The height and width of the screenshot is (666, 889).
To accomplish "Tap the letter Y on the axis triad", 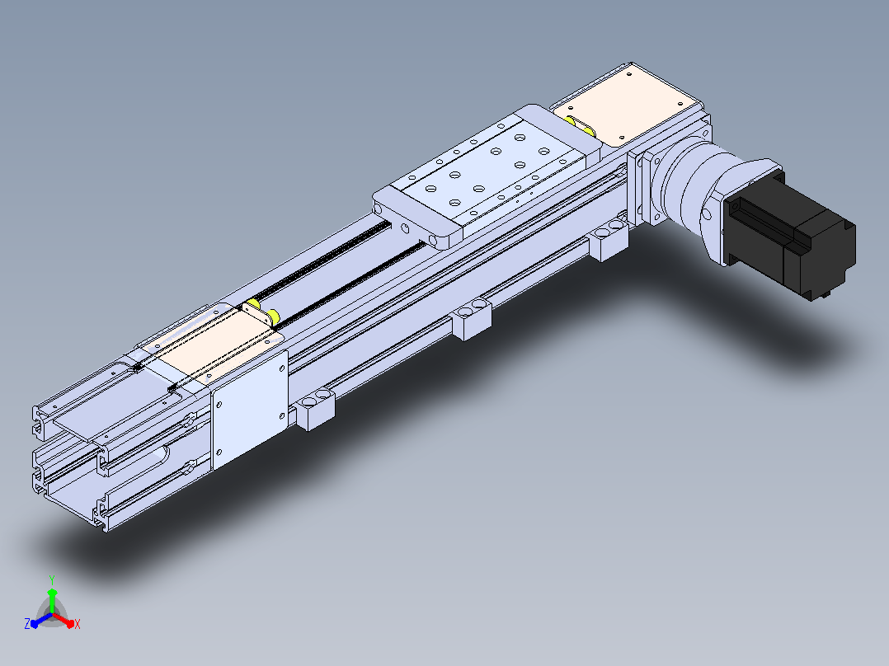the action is tap(52, 579).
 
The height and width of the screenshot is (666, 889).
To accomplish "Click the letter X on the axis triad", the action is tap(78, 624).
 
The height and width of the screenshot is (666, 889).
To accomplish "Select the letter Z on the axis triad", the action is tap(27, 623).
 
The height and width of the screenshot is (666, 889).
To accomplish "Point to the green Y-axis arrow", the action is tap(52, 600).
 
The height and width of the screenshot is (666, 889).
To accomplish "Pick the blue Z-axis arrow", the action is tap(41, 620).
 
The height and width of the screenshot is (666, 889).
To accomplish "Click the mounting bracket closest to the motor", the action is tap(609, 241).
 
